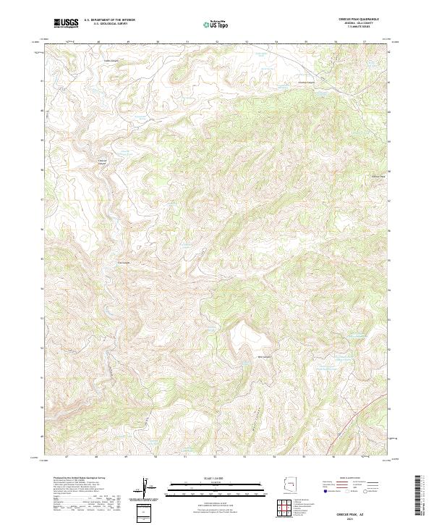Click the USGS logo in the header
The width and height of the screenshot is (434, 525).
pos(66,23)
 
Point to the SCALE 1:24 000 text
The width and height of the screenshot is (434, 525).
pos(216,479)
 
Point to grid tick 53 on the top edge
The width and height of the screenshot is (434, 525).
pos(247,41)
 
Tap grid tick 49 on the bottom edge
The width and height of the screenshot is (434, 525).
pos(127,457)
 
